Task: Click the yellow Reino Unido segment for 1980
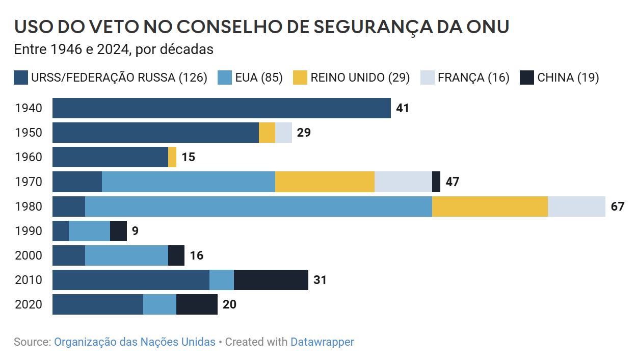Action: click(x=490, y=207)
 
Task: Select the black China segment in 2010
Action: click(x=271, y=280)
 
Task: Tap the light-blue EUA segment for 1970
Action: click(x=189, y=182)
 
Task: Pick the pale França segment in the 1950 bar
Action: click(x=283, y=133)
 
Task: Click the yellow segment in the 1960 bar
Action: click(x=172, y=157)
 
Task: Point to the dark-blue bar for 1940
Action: click(x=222, y=108)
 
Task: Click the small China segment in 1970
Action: click(x=436, y=182)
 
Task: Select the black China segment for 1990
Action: click(x=118, y=231)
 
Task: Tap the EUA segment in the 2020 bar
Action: click(x=160, y=304)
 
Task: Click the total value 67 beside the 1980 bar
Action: click(x=617, y=207)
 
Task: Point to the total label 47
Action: click(x=452, y=183)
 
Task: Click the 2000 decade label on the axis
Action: click(x=29, y=256)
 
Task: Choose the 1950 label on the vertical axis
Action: click(x=29, y=133)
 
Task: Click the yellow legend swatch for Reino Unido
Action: click(x=300, y=78)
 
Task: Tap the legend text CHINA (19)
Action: click(x=568, y=78)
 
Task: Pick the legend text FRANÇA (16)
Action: click(x=473, y=78)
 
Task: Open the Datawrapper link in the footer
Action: click(x=322, y=342)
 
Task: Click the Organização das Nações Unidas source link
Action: click(x=135, y=342)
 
